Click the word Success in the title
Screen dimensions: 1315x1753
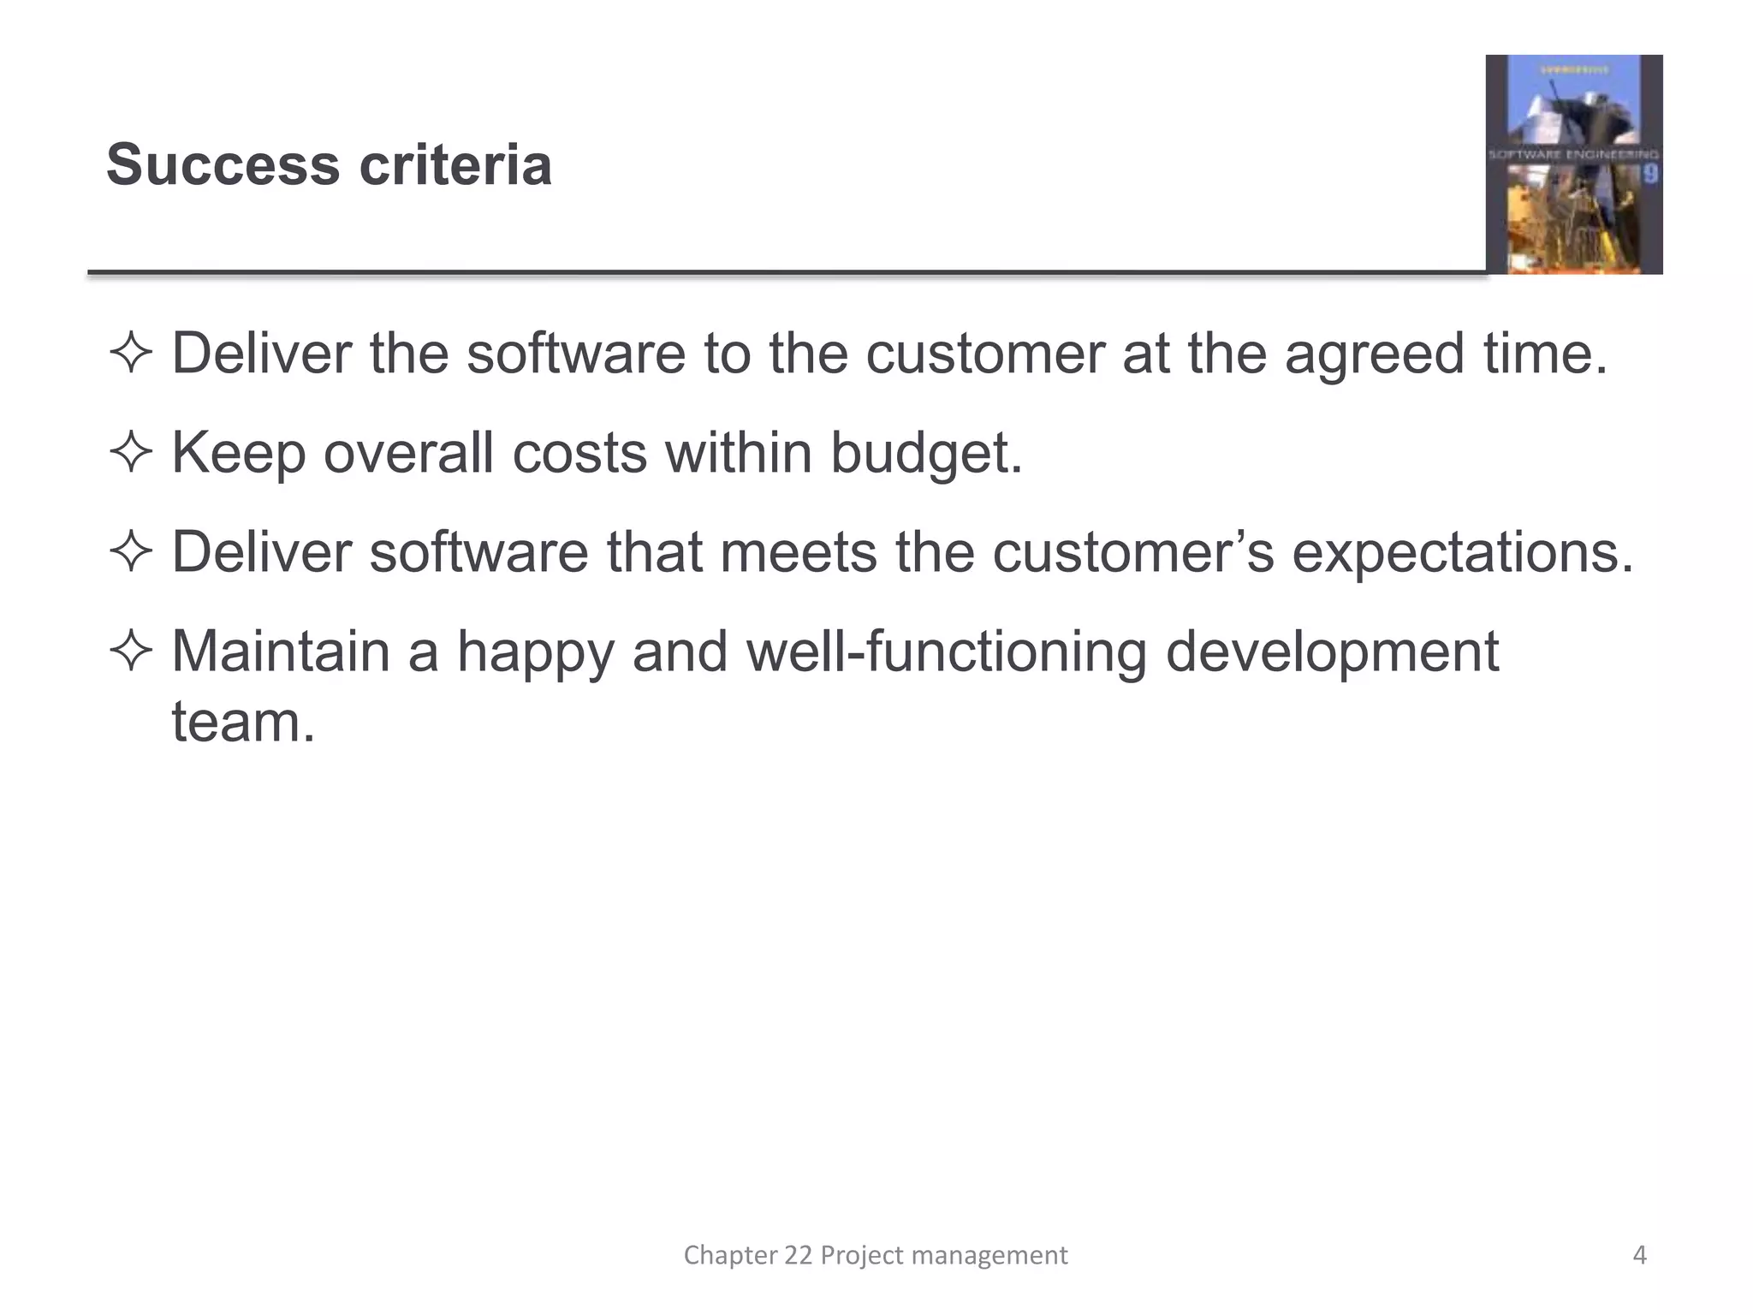[223, 165]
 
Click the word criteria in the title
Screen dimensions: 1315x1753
[455, 165]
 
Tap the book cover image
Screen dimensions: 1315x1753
[1573, 164]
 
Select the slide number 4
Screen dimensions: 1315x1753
[1639, 1255]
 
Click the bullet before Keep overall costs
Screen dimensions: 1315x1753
[131, 453]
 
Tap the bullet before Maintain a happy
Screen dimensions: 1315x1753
[131, 652]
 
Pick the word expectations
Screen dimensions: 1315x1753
[1462, 553]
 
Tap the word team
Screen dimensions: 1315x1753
[243, 723]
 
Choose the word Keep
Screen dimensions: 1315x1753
[239, 453]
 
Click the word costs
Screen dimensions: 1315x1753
[579, 453]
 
